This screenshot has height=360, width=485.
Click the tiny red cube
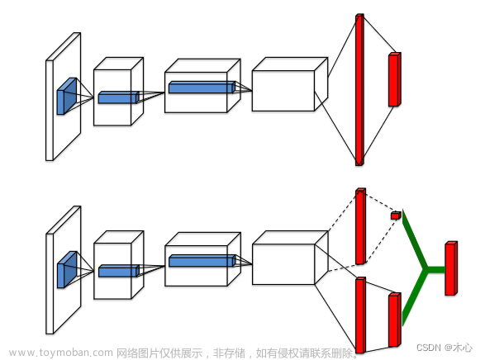click(x=396, y=215)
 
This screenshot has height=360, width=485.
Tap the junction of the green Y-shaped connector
click(x=426, y=269)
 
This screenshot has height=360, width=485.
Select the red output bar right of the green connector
click(x=451, y=268)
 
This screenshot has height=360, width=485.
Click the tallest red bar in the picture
click(x=359, y=90)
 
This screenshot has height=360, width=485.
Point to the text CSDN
click(x=428, y=348)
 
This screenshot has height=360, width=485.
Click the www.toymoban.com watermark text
click(x=61, y=353)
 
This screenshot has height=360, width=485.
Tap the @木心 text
click(x=459, y=348)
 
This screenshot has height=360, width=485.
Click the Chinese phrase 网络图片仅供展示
click(x=159, y=353)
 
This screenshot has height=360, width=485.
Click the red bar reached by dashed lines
click(x=360, y=226)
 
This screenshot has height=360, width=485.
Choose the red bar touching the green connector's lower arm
click(x=395, y=320)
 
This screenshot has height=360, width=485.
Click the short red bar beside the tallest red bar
click(x=395, y=79)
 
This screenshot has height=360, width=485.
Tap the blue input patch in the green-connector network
click(x=66, y=269)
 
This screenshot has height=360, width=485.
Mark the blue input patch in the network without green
click(x=66, y=96)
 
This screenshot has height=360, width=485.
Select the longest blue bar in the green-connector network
click(x=202, y=260)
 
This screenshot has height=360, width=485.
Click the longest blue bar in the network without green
click(x=202, y=88)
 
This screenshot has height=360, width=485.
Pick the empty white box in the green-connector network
click(x=290, y=258)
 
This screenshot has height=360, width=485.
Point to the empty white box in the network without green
click(x=290, y=84)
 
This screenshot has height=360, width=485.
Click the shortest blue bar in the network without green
click(x=119, y=97)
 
